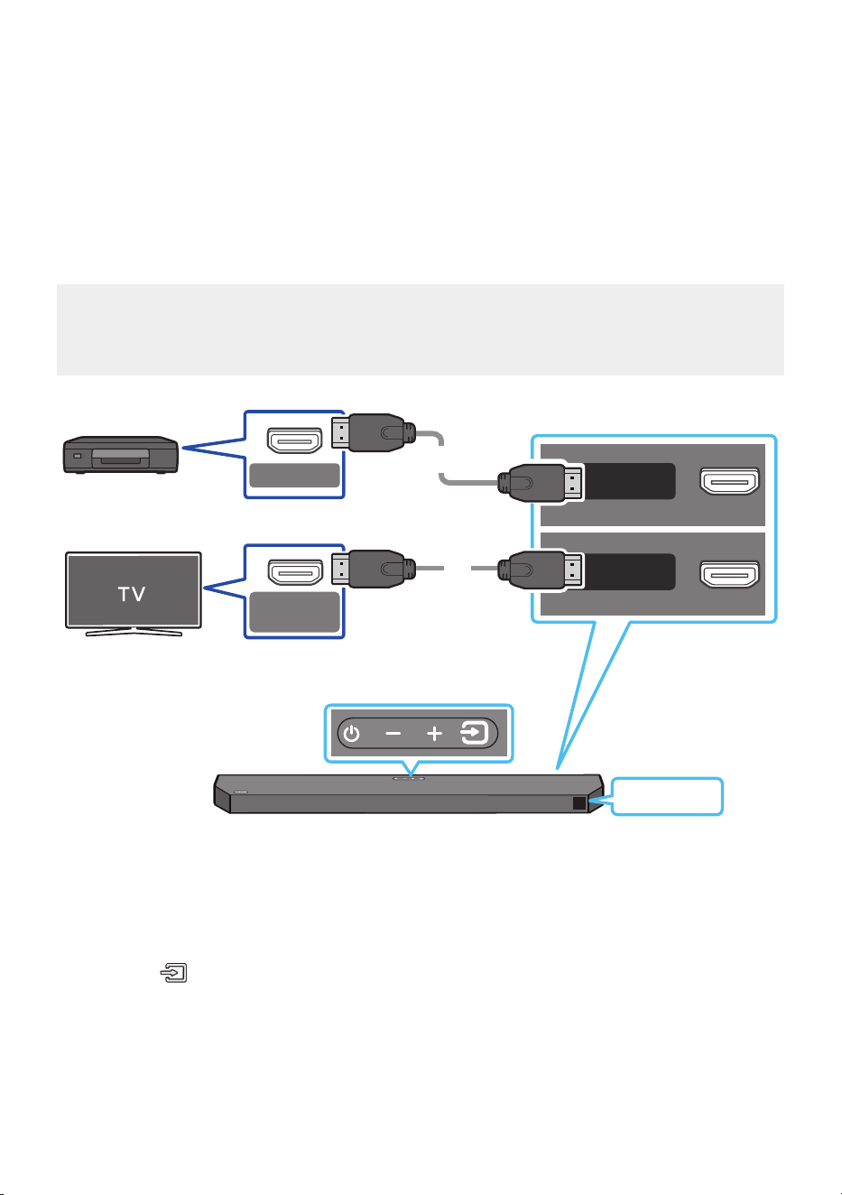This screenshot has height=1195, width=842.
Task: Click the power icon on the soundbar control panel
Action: click(x=351, y=734)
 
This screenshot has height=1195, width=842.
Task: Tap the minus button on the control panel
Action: click(x=393, y=734)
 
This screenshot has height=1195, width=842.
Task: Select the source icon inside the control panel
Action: click(x=475, y=733)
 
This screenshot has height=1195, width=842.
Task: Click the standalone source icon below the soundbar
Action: click(x=174, y=973)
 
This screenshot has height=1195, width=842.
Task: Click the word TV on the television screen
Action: click(x=132, y=594)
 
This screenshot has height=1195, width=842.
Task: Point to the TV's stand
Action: click(x=134, y=632)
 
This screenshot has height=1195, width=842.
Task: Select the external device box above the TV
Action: click(x=121, y=455)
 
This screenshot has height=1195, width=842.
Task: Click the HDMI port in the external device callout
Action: click(x=294, y=440)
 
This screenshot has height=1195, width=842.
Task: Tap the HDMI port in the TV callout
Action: click(x=295, y=572)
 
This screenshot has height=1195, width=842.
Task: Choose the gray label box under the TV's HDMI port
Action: click(x=294, y=612)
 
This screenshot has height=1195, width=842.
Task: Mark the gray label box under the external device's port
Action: click(x=294, y=475)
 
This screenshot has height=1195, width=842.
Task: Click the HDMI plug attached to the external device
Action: click(x=374, y=432)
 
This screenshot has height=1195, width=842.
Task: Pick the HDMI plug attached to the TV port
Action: click(x=374, y=569)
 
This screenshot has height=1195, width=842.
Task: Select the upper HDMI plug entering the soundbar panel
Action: click(x=540, y=483)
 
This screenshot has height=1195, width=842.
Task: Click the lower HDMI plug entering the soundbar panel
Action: click(x=540, y=570)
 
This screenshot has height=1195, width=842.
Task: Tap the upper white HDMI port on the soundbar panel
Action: click(x=729, y=481)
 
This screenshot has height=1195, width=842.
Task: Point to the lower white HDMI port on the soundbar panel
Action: click(x=729, y=574)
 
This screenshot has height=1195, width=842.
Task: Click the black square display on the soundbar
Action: click(x=579, y=803)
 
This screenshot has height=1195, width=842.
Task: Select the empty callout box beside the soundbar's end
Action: click(x=667, y=796)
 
